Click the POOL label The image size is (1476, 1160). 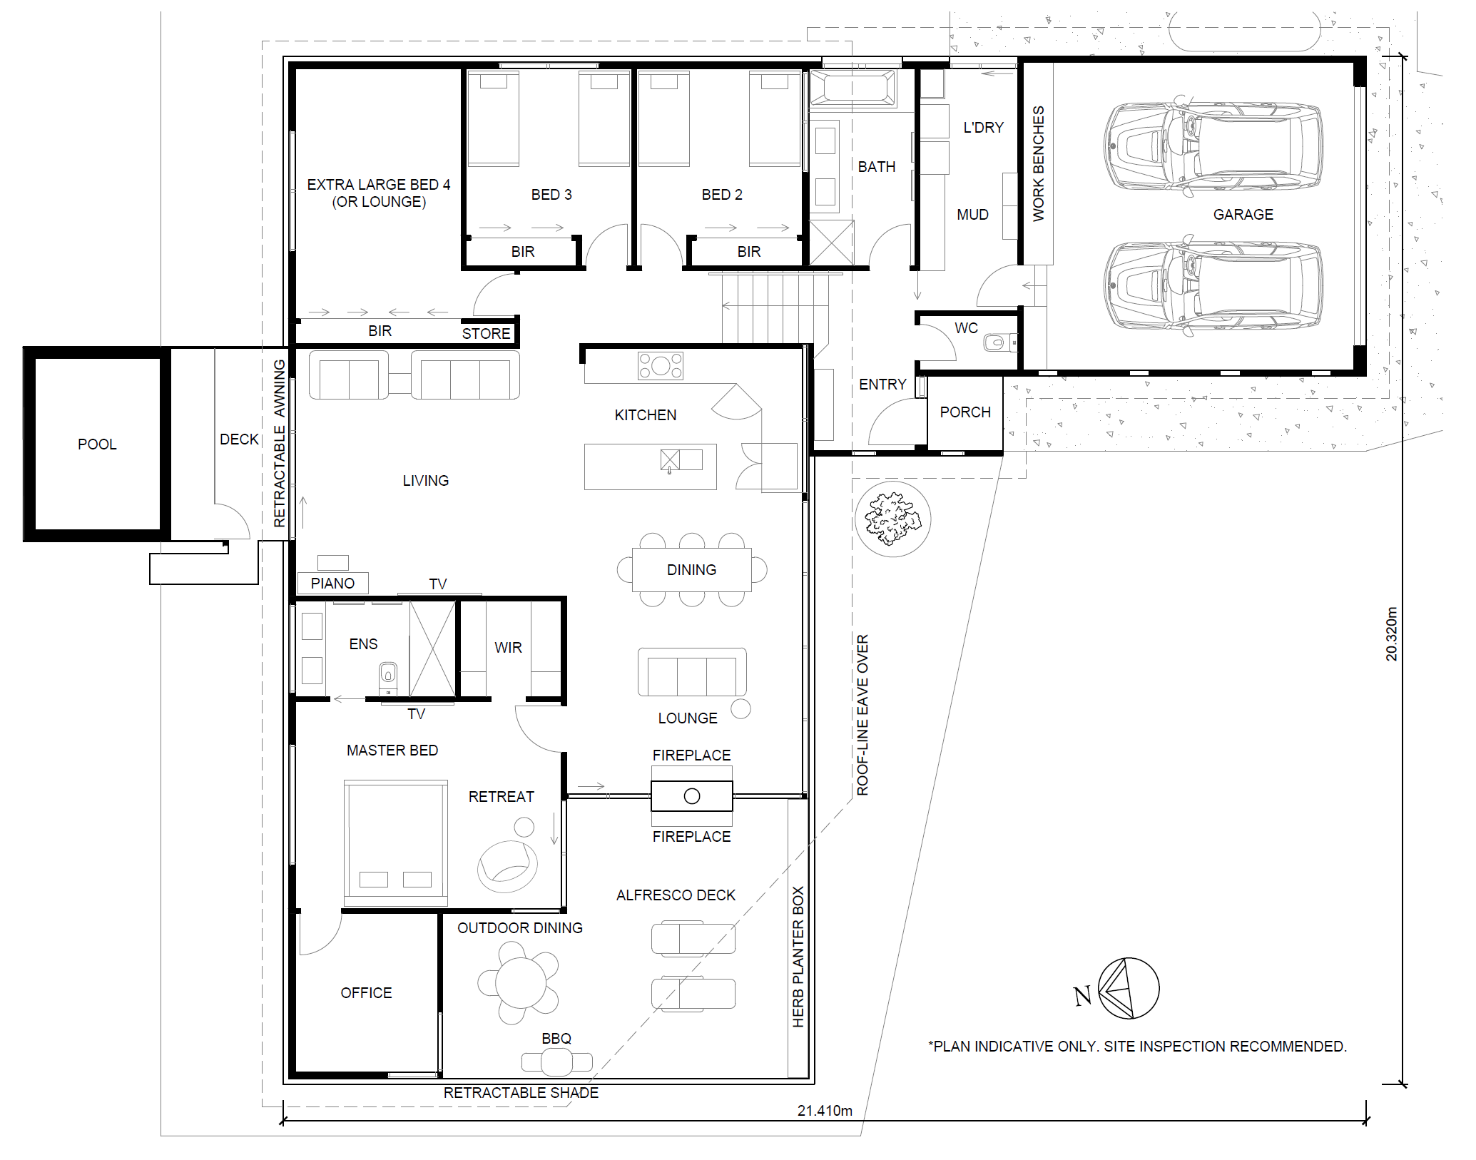tap(97, 444)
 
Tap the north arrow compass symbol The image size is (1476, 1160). tap(1129, 989)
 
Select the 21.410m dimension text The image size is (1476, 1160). tap(825, 1111)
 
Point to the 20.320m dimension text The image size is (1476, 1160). tap(1391, 634)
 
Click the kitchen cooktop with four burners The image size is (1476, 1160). tap(661, 366)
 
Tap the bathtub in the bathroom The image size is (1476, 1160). tap(852, 89)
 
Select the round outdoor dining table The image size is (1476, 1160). tap(521, 983)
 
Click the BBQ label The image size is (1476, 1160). tap(556, 1039)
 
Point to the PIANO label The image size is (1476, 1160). tap(332, 584)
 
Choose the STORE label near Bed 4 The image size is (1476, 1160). tap(486, 334)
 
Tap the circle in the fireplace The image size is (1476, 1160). tap(692, 796)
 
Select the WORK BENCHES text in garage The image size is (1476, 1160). tap(1039, 163)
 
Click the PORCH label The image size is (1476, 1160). tap(965, 412)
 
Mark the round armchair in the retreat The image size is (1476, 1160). tap(507, 866)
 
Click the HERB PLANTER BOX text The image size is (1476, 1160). tap(798, 957)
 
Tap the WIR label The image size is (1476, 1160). tap(508, 648)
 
